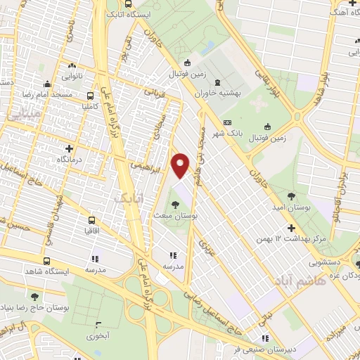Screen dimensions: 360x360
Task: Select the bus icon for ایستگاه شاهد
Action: pos(46,261)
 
